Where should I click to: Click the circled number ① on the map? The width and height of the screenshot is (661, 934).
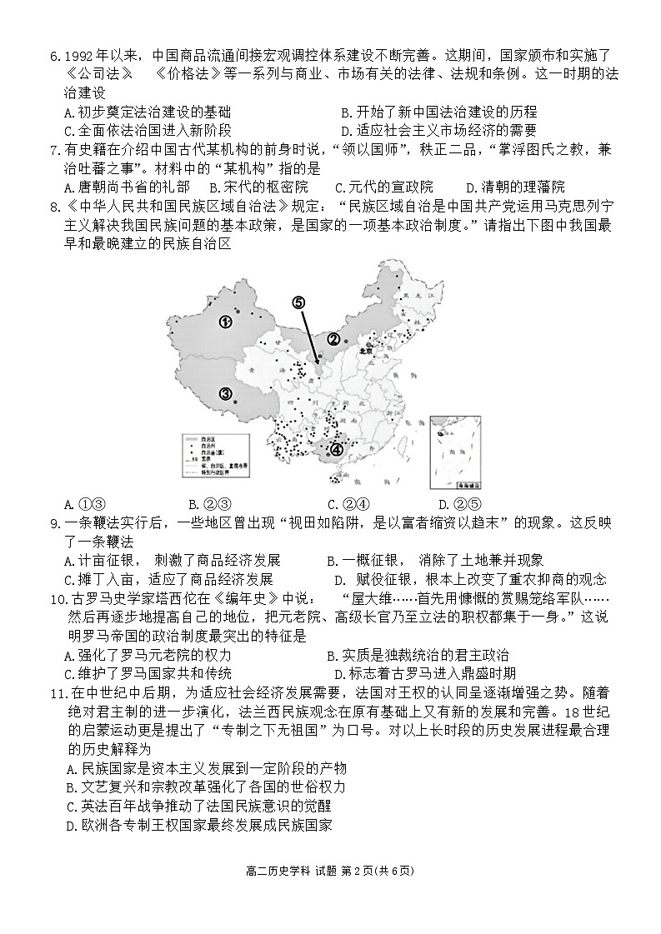[225, 322]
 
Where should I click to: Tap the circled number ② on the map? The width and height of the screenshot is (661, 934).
[334, 339]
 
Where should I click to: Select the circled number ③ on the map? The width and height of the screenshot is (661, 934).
[225, 394]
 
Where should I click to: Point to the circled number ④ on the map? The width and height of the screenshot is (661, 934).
[337, 450]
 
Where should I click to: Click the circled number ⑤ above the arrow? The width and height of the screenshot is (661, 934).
[299, 303]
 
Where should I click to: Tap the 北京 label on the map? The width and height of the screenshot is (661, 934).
[363, 351]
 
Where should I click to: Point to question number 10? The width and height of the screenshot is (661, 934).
[58, 599]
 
